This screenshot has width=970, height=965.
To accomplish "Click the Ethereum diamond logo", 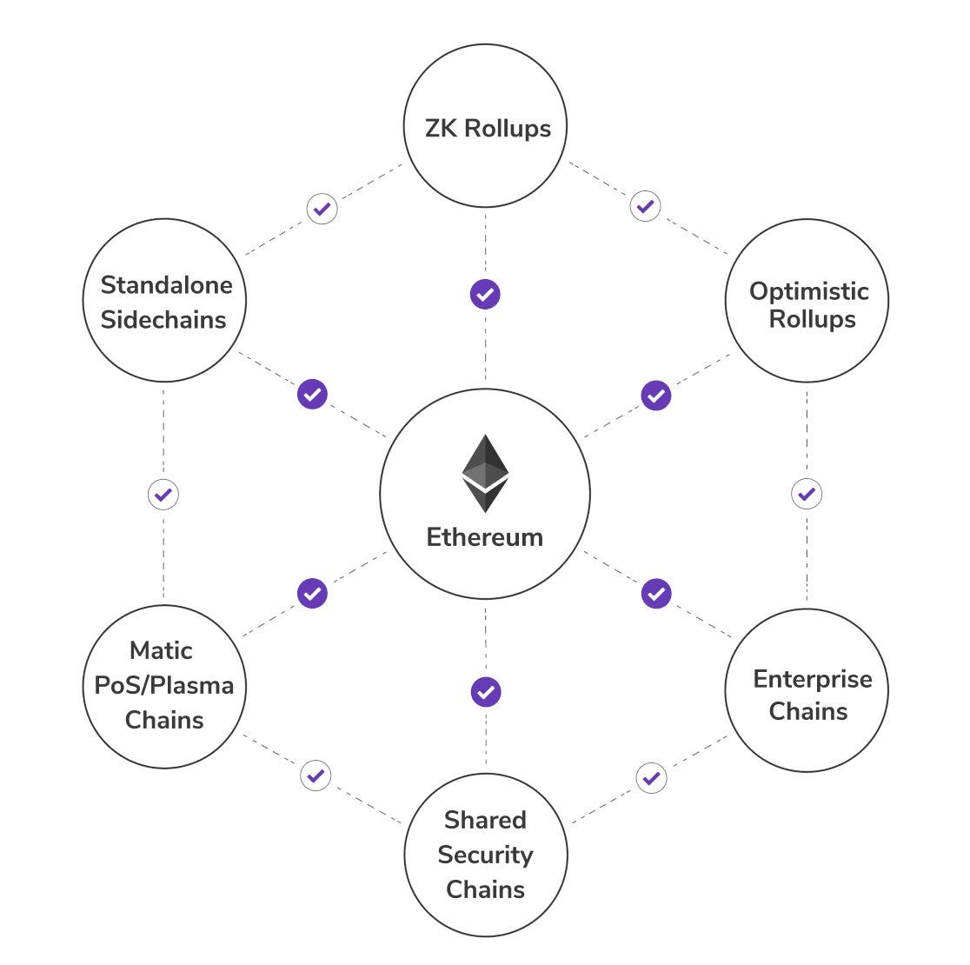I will pos(485,473).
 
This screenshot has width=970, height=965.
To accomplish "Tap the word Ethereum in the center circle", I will pos(485,536).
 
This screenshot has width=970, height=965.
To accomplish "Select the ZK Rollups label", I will pos(488,129).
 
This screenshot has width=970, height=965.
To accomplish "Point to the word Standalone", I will pos(167,284).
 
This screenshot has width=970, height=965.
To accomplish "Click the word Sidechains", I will pos(163,319).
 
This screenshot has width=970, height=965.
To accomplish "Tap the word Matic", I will pos(161,650).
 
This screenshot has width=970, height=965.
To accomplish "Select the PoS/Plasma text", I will pos(163,685).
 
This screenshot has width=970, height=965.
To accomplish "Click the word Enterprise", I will pos(812,678).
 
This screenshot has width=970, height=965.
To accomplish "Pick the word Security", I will pos(485,855).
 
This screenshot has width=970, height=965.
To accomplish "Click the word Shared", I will pos(485,820).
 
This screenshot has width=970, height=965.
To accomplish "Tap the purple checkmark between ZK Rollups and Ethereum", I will pos(485,294).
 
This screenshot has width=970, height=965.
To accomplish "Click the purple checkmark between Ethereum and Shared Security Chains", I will pos(486,692).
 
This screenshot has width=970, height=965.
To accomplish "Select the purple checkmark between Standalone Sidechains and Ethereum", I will pos(312,394).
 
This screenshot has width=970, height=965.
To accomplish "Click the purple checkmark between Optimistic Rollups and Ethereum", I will pos(656,396).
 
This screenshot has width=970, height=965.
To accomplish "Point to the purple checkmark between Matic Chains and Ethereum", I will pos(312,593).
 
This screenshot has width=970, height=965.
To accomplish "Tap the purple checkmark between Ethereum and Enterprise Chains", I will pos(656,593).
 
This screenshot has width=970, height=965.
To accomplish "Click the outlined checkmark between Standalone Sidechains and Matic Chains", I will pos(163,495).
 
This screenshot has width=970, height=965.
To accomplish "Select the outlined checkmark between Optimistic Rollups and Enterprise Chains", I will pos(807,494).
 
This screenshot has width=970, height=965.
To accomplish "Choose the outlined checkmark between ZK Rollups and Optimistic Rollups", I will pos(645,206).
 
